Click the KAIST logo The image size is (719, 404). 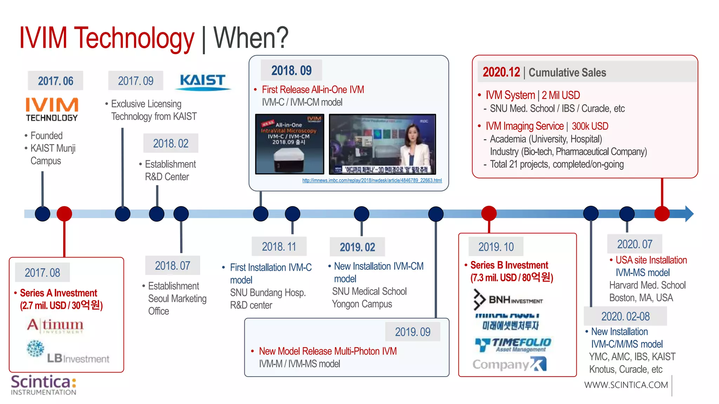203,81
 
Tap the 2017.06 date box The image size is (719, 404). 55,81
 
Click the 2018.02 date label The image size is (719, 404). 171,143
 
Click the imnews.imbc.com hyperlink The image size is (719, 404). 372,180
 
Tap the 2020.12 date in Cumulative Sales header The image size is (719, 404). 501,72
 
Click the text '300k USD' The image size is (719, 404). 590,126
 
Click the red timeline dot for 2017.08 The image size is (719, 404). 64,214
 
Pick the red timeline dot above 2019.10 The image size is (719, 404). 489,213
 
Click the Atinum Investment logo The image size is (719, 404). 55,325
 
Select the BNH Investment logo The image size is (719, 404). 508,300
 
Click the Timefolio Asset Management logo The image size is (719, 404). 513,344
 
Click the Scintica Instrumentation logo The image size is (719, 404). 44,385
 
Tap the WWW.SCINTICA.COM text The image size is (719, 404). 626,385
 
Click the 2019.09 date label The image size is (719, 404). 413,332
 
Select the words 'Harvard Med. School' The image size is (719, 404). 647,285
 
